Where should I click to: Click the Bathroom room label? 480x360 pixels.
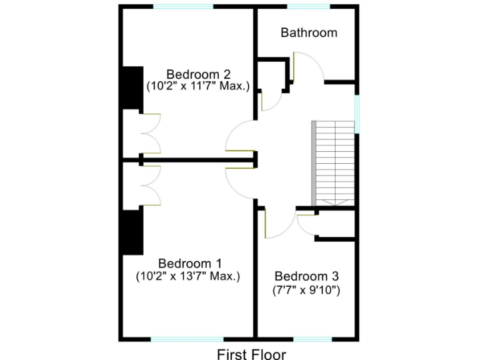pyautogui.click(x=309, y=32)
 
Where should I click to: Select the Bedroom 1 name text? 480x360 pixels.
pyautogui.click(x=188, y=262)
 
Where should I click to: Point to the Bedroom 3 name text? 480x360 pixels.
pyautogui.click(x=306, y=276)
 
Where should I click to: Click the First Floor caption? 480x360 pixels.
pyautogui.click(x=252, y=354)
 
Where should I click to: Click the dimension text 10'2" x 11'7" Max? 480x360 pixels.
pyautogui.click(x=197, y=86)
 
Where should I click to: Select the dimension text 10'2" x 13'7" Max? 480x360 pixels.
pyautogui.click(x=188, y=275)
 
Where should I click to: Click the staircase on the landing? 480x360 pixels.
pyautogui.click(x=336, y=163)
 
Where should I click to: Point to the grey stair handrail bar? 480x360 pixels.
pyautogui.click(x=314, y=163)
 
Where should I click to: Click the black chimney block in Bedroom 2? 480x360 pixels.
pyautogui.click(x=131, y=87)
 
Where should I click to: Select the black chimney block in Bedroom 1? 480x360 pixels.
pyautogui.click(x=131, y=232)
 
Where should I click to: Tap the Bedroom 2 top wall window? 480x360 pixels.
pyautogui.click(x=183, y=7)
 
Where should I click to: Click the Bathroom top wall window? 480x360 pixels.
pyautogui.click(x=308, y=7)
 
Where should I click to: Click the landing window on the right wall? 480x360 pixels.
pyautogui.click(x=357, y=114)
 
